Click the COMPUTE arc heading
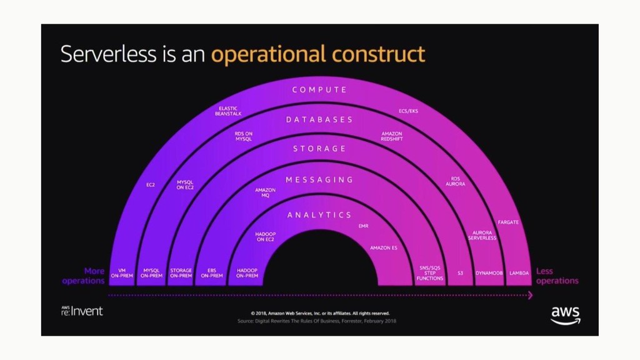click(x=319, y=90)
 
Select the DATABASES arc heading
click(x=319, y=119)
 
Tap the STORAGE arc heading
click(x=319, y=149)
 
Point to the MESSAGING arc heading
click(x=319, y=180)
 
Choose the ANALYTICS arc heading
click(x=319, y=215)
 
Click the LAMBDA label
click(x=519, y=273)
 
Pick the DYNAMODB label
click(x=489, y=273)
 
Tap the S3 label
click(x=460, y=273)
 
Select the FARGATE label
click(x=508, y=222)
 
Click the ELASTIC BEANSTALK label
click(x=228, y=111)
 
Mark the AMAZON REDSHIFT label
click(x=392, y=136)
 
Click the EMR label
click(x=364, y=226)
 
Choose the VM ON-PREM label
click(x=122, y=273)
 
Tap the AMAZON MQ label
click(x=265, y=192)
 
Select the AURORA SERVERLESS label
click(x=482, y=235)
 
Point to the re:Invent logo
click(x=82, y=311)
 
